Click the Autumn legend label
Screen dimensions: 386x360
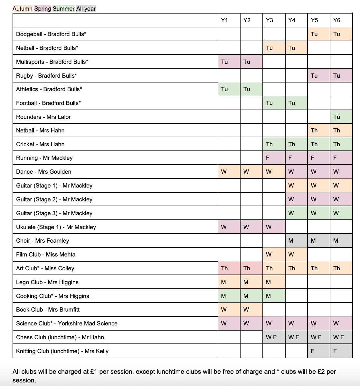pyautogui.click(x=23, y=9)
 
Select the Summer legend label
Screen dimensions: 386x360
pyautogui.click(x=63, y=9)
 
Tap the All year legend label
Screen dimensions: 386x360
pyautogui.click(x=86, y=9)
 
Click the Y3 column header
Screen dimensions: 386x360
pyautogui.click(x=270, y=20)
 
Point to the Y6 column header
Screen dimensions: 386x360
pyautogui.click(x=336, y=20)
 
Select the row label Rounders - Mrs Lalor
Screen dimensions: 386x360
pyautogui.click(x=43, y=117)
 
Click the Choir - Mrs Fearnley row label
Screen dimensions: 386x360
pyautogui.click(x=43, y=241)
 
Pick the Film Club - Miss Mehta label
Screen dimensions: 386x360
pyautogui.click(x=46, y=255)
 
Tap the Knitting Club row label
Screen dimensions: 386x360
pyautogui.click(x=62, y=351)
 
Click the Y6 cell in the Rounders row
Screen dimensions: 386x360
pyautogui.click(x=336, y=117)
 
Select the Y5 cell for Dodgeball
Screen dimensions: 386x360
pyautogui.click(x=314, y=34)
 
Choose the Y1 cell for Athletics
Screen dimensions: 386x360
pyautogui.click(x=224, y=89)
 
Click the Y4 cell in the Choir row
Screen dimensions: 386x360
pyautogui.click(x=291, y=241)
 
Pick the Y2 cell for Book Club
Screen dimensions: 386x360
pyautogui.click(x=246, y=310)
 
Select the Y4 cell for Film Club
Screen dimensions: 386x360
pyautogui.click(x=291, y=255)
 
